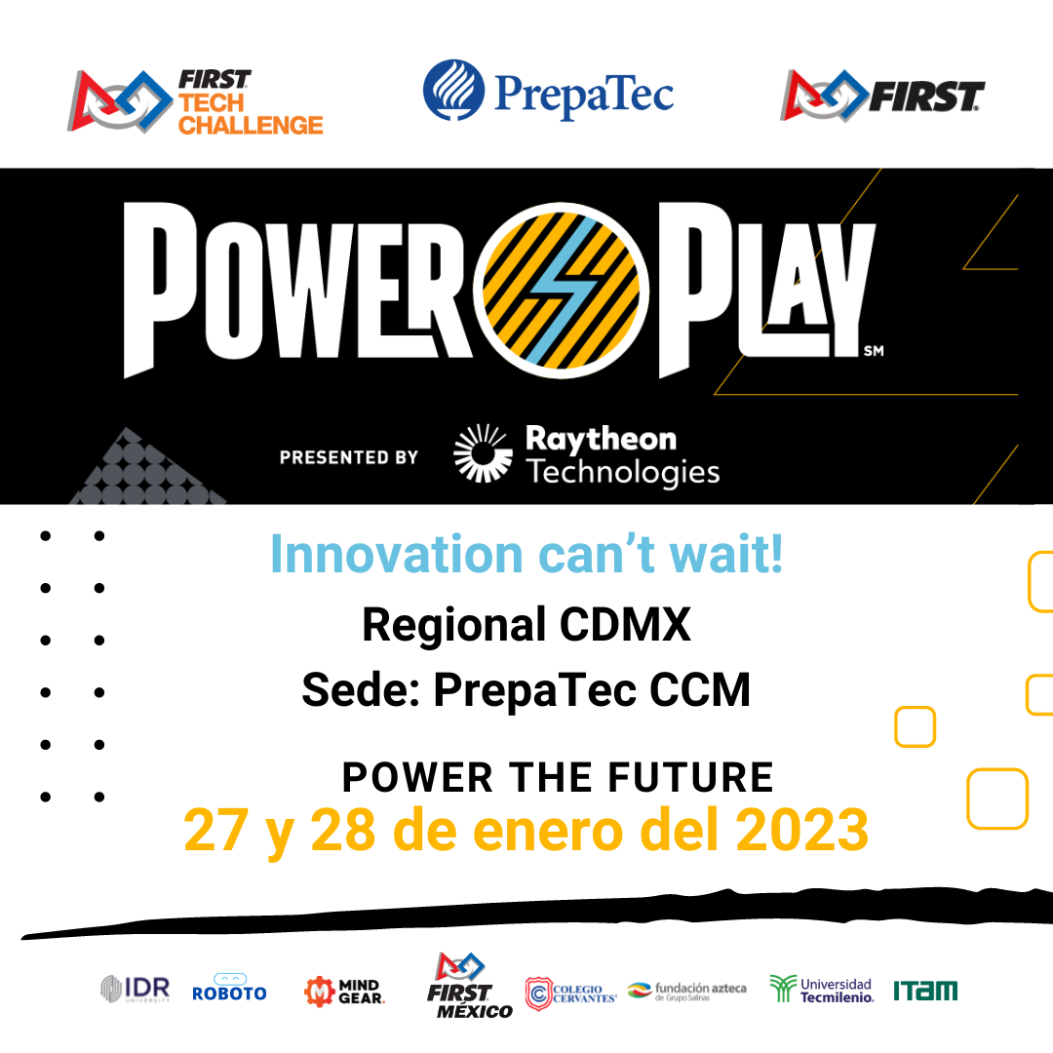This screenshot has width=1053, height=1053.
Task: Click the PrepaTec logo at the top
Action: [x=548, y=92]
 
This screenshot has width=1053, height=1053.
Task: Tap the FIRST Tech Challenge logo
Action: [x=195, y=101]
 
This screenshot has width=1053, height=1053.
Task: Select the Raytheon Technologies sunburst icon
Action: [x=483, y=452]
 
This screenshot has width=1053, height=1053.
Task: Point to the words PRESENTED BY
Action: [x=348, y=457]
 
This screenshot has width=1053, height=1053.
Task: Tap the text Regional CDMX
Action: [x=526, y=625]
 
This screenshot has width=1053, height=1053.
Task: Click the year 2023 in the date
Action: [x=801, y=830]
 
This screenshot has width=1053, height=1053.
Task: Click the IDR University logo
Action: [x=135, y=989]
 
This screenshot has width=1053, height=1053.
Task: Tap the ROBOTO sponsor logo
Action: [x=229, y=989]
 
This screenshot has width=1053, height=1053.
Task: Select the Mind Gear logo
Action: [x=344, y=992]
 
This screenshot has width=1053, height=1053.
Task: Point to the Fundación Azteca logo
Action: [x=686, y=991]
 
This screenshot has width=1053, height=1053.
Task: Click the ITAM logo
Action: [x=925, y=991]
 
